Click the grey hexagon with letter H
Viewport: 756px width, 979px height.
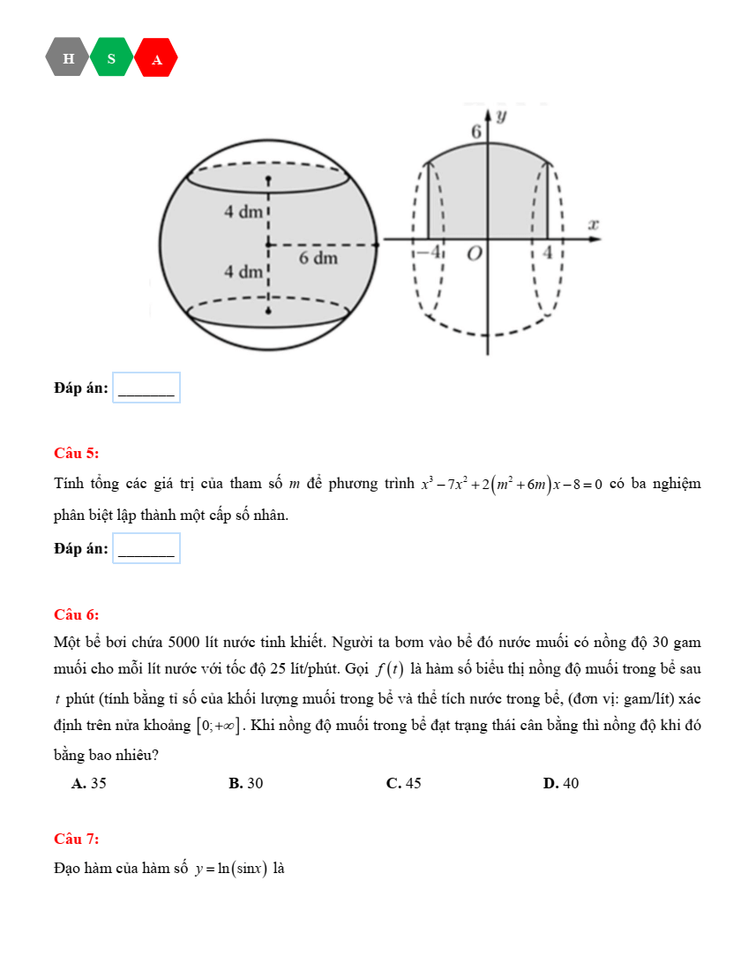coord(69,58)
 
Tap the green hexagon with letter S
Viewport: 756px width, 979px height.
coord(111,58)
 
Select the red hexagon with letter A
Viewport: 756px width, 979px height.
coord(157,59)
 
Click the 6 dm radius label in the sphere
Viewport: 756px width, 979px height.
coord(318,259)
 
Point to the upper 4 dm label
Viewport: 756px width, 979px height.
coord(241,212)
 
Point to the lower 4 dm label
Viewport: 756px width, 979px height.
coord(241,271)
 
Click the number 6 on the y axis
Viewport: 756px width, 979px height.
coord(475,132)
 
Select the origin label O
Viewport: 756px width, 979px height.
coord(475,254)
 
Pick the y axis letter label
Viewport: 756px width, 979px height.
coord(501,115)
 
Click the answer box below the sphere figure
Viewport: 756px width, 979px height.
coord(146,388)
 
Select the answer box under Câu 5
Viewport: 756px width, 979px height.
coord(146,549)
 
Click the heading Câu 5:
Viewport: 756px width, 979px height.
coord(76,454)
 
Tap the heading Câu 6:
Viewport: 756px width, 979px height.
coord(76,614)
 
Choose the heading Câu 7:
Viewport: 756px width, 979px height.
coord(76,839)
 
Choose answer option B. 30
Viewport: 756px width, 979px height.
coord(245,783)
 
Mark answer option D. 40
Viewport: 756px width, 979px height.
coord(561,783)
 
